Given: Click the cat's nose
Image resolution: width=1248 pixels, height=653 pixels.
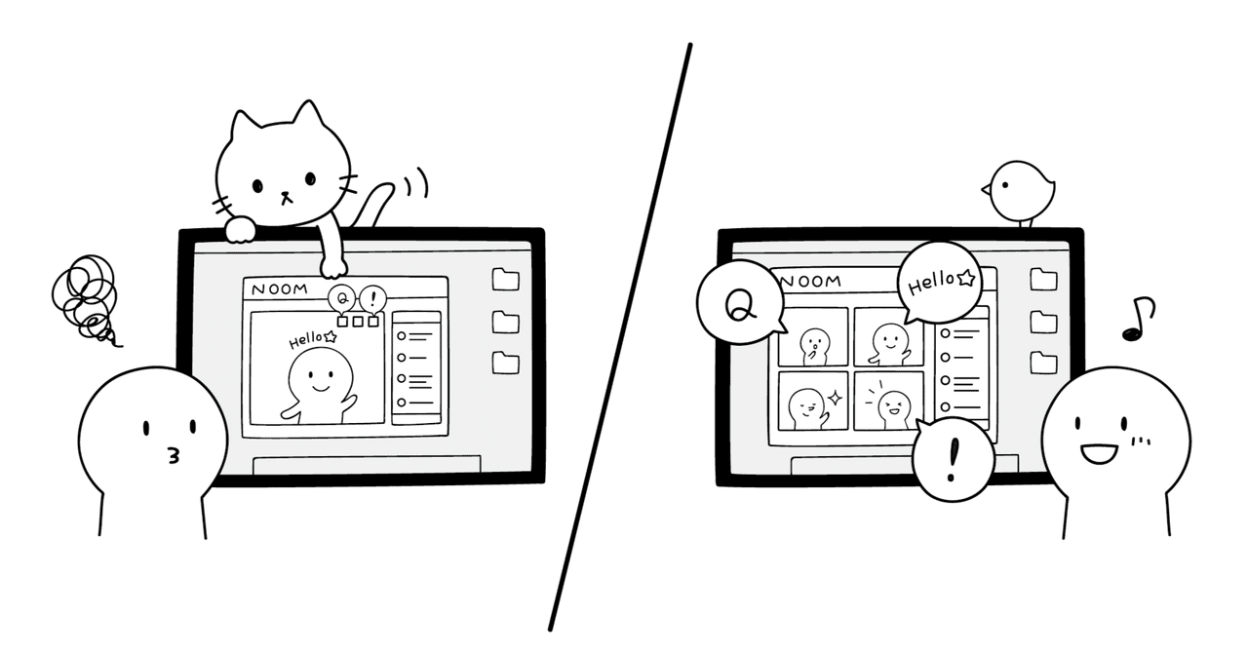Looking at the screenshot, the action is click(286, 196).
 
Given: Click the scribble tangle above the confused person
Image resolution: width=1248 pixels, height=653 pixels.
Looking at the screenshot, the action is click(86, 298).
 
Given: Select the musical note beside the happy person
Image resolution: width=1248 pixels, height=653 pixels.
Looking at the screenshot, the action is click(1138, 318).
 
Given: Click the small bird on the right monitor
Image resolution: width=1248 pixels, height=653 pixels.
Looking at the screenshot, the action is click(1021, 193).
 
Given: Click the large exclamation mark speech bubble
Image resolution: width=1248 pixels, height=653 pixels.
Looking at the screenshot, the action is click(953, 459).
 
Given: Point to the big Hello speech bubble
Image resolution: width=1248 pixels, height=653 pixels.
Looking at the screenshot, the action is click(940, 282).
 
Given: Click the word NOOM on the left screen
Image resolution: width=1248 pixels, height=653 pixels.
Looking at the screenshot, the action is click(280, 289).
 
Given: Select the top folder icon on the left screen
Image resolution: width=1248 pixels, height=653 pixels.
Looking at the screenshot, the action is click(505, 279).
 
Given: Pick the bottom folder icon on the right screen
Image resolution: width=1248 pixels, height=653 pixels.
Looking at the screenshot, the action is click(1043, 363).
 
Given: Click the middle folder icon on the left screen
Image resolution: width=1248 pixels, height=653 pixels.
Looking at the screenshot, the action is click(505, 322).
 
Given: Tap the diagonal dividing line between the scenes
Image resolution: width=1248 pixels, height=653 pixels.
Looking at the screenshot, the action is click(619, 337).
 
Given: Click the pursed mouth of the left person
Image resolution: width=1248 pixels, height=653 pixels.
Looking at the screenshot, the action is click(175, 456).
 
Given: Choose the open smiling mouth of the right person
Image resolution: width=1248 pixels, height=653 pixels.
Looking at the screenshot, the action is click(1099, 453).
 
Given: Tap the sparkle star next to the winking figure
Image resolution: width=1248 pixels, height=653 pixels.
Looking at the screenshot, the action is click(836, 398).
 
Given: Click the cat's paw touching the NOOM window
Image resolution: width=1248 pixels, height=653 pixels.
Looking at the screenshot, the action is click(334, 267).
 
